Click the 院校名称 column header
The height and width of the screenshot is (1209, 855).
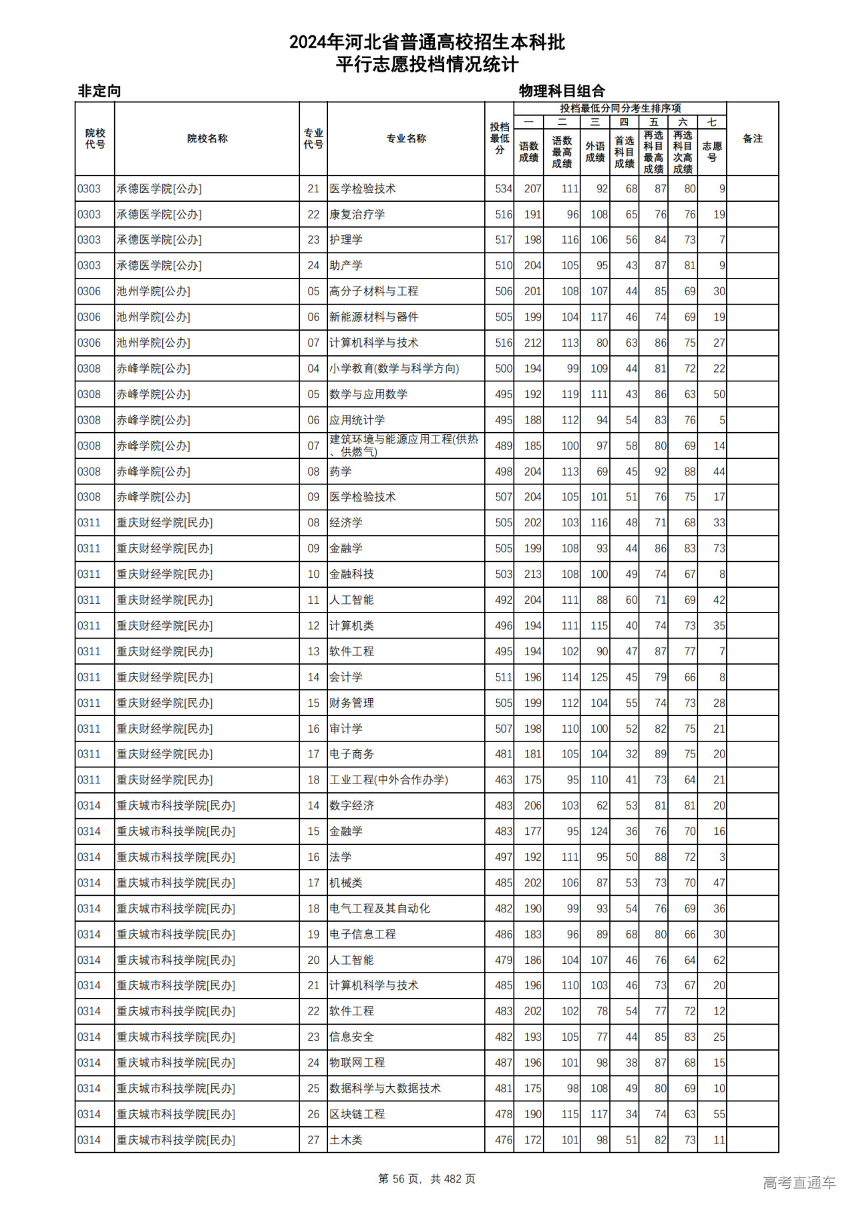[207, 139]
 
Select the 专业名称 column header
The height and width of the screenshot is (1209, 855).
[406, 139]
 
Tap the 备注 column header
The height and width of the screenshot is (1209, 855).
[752, 139]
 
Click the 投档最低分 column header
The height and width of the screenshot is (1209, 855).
[499, 139]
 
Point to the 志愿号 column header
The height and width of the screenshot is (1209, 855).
[711, 152]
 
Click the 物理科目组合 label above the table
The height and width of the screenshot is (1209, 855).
[562, 91]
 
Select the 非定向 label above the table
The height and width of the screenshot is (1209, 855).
[100, 91]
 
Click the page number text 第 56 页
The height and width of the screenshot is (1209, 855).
[401, 1179]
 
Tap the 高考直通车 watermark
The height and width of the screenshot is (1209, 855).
[799, 1182]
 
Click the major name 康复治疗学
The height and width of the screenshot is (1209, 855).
[357, 214]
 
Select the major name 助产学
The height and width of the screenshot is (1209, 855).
[346, 266]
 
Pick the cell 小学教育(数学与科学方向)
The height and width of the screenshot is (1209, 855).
[394, 369]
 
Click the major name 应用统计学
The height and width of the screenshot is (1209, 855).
[357, 420]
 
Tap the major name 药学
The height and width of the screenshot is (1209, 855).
[341, 472]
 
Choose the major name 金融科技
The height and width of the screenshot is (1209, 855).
[351, 574]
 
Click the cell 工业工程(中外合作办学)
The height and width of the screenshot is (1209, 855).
[389, 780]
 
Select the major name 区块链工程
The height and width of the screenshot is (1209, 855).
[357, 1114]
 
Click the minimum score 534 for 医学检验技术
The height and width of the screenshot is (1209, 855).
[504, 189]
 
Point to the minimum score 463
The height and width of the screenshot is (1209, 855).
[504, 780]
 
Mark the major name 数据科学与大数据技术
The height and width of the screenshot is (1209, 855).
[385, 1089]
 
